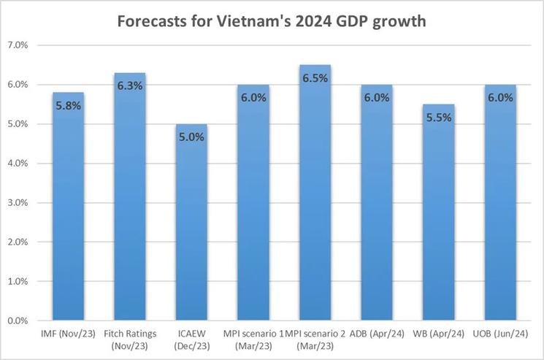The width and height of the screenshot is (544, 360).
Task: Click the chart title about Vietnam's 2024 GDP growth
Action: (272, 21)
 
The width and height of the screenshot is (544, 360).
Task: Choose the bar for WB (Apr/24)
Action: (439, 226)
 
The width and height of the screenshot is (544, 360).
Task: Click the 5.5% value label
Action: (439, 118)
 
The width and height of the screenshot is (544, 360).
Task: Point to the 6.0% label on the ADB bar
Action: (378, 98)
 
